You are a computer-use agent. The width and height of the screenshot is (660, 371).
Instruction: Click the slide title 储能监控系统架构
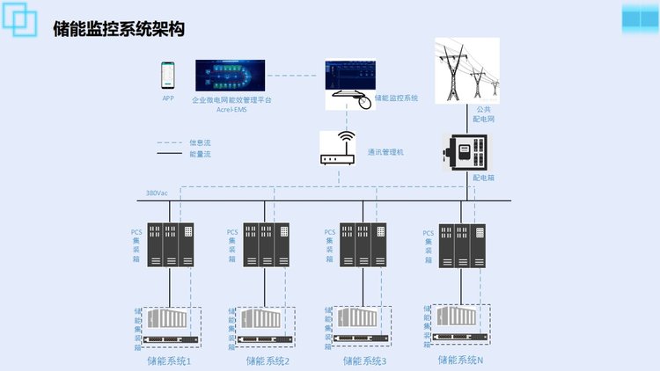tap(118, 29)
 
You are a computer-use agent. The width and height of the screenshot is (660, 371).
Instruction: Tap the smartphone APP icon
tap(168, 76)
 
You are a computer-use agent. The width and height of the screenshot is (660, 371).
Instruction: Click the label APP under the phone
tap(168, 98)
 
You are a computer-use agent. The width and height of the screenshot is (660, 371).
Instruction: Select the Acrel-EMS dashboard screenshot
tap(231, 76)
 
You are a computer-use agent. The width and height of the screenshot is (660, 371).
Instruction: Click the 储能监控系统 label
tap(396, 98)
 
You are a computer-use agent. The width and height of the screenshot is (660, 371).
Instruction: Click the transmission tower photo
tap(466, 70)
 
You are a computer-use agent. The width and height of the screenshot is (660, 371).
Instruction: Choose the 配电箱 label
tap(483, 177)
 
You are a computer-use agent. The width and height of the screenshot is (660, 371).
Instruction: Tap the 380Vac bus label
tap(158, 193)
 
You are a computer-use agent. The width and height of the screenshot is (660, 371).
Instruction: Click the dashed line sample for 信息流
tap(169, 142)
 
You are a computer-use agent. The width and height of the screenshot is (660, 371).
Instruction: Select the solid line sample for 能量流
tap(169, 154)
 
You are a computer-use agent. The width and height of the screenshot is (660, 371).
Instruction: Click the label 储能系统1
tap(170, 360)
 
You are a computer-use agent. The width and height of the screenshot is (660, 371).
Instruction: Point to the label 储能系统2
tap(268, 360)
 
